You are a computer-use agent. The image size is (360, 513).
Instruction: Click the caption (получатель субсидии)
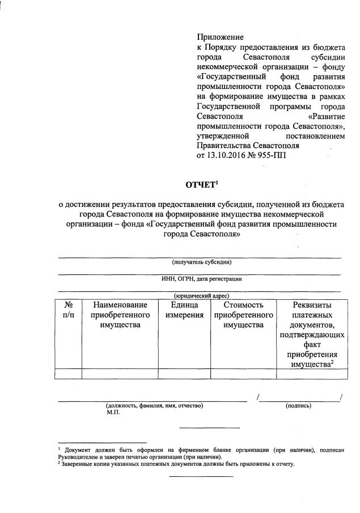pos(202,261)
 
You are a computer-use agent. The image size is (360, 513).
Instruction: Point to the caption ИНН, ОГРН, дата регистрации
pos(202,278)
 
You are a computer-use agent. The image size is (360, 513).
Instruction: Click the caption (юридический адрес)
pos(202,295)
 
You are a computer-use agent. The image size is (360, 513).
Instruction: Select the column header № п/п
pos(68,310)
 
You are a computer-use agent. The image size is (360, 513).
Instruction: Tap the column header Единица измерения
pos(184,310)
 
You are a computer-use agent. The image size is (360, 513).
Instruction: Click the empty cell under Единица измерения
pos(184,373)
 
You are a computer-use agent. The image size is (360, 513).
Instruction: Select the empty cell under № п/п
pos(68,373)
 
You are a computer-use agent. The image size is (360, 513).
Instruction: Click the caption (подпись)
pos(299,406)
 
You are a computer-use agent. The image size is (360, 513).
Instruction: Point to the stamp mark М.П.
pos(113,413)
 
